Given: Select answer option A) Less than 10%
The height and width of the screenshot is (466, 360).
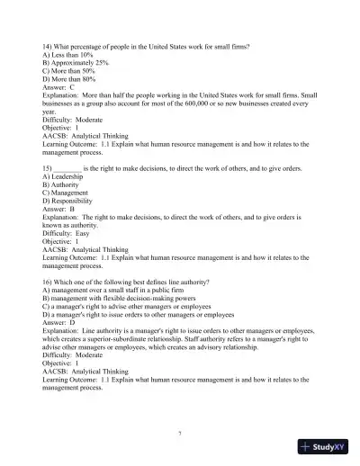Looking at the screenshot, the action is coord(67,54).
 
